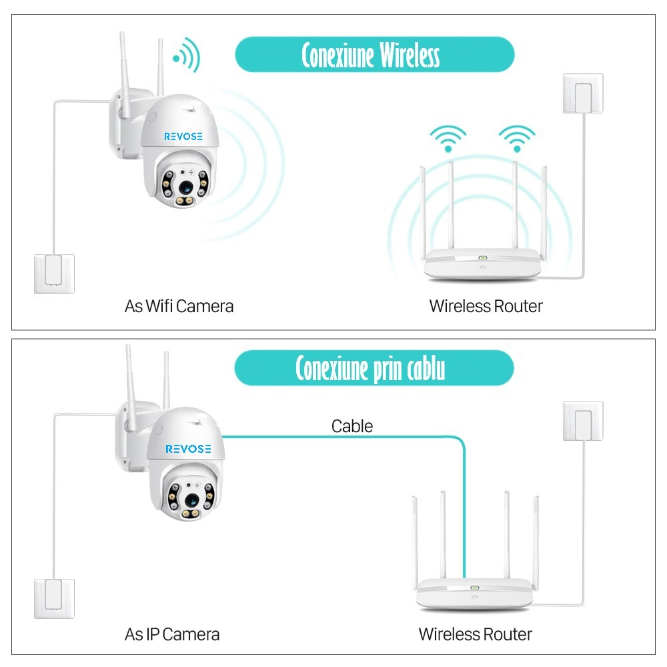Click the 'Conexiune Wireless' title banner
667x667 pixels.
pos(374,55)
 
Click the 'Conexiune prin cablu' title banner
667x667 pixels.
pos(374,368)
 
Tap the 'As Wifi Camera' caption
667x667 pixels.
pos(179,306)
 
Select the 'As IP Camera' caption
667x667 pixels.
pos(172,634)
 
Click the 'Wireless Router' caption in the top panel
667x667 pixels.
pos(486,306)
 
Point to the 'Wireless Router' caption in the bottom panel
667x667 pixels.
pos(475,634)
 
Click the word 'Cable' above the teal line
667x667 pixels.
pos(352,426)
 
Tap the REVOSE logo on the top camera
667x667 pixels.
pos(183,137)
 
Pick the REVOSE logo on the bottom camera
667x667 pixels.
pos(188,449)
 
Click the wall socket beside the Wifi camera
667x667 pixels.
pos(54,273)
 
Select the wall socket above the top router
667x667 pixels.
pos(583,93)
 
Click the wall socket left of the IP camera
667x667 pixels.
pos(54,598)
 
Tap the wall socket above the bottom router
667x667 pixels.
pos(583,421)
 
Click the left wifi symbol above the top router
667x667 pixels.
pos(448,139)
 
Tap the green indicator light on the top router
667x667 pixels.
pos(482,257)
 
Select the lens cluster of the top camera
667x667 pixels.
pos(183,181)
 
